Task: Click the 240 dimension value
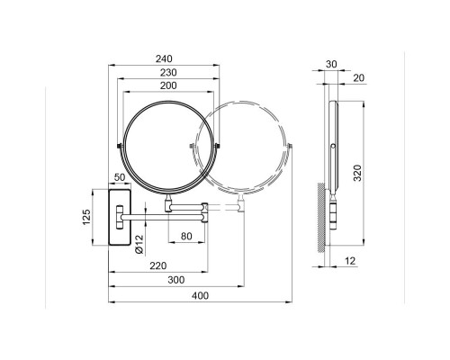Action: (164, 58)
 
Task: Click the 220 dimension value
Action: (159, 265)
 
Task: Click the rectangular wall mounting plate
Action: (120, 214)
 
